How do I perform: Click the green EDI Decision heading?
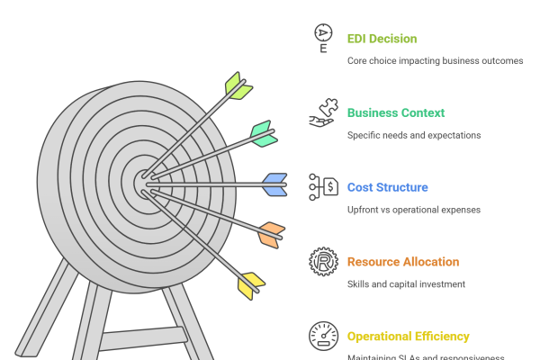382,39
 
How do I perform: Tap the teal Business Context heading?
396,113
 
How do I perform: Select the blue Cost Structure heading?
387,187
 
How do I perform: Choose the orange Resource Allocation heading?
402,262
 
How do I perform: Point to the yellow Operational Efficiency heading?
408,337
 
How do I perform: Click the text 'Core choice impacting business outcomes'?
435,61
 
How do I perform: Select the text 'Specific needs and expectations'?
413,135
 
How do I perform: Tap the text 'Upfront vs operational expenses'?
413,210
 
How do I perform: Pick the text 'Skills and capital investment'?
405,284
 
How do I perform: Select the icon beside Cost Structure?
321,187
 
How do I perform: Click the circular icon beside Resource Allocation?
321,262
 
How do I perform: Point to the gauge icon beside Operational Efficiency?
321,335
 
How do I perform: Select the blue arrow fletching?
274,184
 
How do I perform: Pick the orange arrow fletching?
269,234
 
